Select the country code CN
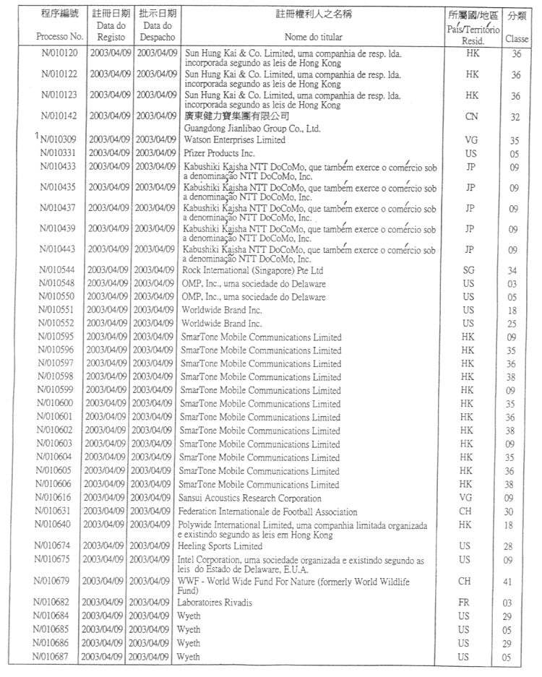tap(471, 116)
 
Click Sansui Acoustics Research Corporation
tap(249, 498)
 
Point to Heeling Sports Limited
tap(220, 547)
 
